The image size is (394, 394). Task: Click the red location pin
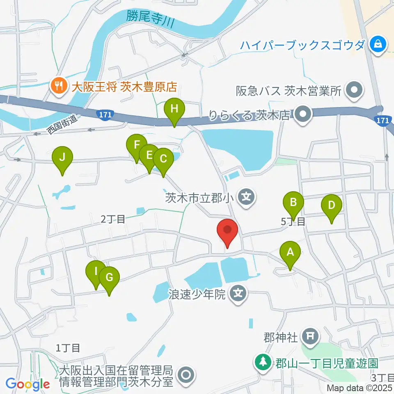pos(227,232)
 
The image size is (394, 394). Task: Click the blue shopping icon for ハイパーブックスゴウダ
pos(376,44)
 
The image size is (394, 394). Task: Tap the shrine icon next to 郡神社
pos(310,337)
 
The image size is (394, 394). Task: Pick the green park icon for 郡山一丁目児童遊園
pos(262,362)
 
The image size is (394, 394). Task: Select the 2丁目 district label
pos(113,219)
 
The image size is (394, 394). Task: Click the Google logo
pos(27,384)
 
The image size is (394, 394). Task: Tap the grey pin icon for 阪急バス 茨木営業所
pos(354,90)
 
